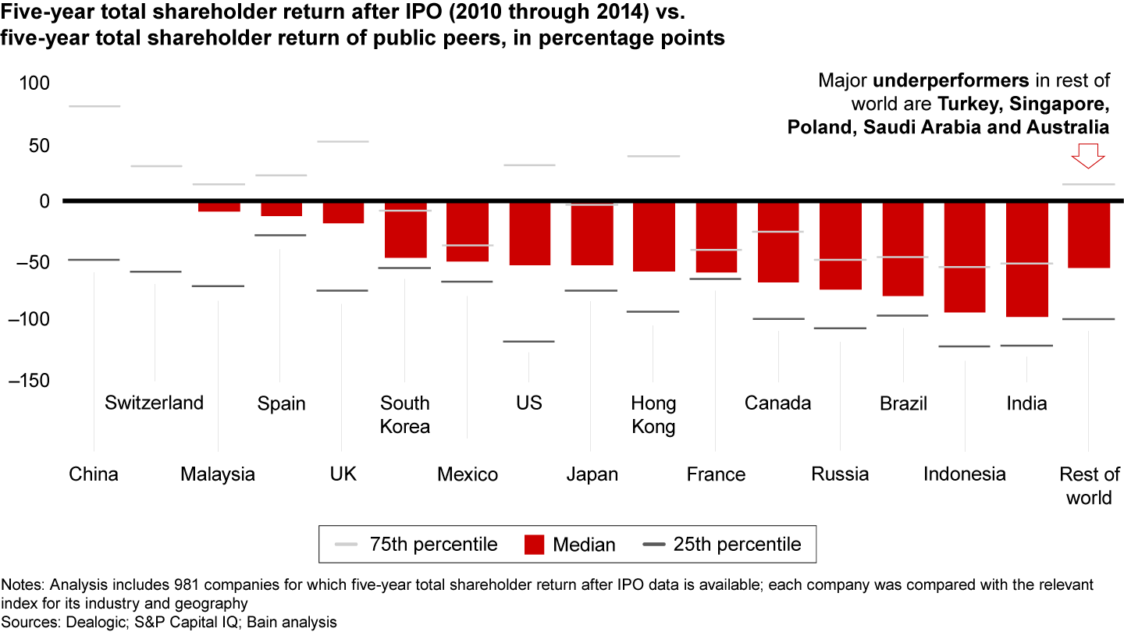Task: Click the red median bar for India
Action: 1026,259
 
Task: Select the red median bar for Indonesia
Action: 965,257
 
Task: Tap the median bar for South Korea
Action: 404,230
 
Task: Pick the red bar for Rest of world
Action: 1088,235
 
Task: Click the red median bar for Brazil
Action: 902,250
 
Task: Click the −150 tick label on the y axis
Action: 28,380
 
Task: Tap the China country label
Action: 94,474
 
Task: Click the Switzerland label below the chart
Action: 154,403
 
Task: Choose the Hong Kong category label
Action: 653,414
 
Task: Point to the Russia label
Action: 840,474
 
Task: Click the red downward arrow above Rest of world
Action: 1088,156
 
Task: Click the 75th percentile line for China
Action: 94,106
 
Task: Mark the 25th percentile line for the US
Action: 528,342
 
